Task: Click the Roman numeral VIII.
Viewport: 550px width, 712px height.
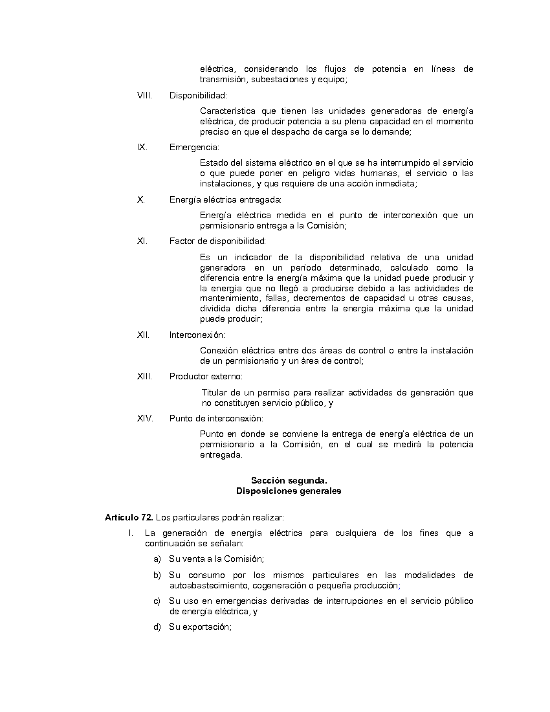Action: coord(144,96)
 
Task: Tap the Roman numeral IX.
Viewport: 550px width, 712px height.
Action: coord(142,147)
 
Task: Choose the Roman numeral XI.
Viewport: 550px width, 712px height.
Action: coord(142,241)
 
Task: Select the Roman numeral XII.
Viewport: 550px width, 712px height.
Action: coord(143,335)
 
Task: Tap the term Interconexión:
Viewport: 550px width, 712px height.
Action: coord(197,335)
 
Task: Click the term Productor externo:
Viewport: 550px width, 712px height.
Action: coord(206,376)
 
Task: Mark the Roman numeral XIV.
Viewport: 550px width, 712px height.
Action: coord(145,418)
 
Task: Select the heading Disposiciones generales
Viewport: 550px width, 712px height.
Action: coord(289,491)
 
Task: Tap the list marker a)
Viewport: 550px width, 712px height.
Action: coord(157,559)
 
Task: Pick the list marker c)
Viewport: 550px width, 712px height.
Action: coord(157,601)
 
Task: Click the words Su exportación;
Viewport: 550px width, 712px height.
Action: coord(200,627)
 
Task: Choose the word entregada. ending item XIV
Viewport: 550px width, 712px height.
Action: coord(221,454)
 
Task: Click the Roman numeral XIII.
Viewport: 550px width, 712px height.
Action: coord(144,376)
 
